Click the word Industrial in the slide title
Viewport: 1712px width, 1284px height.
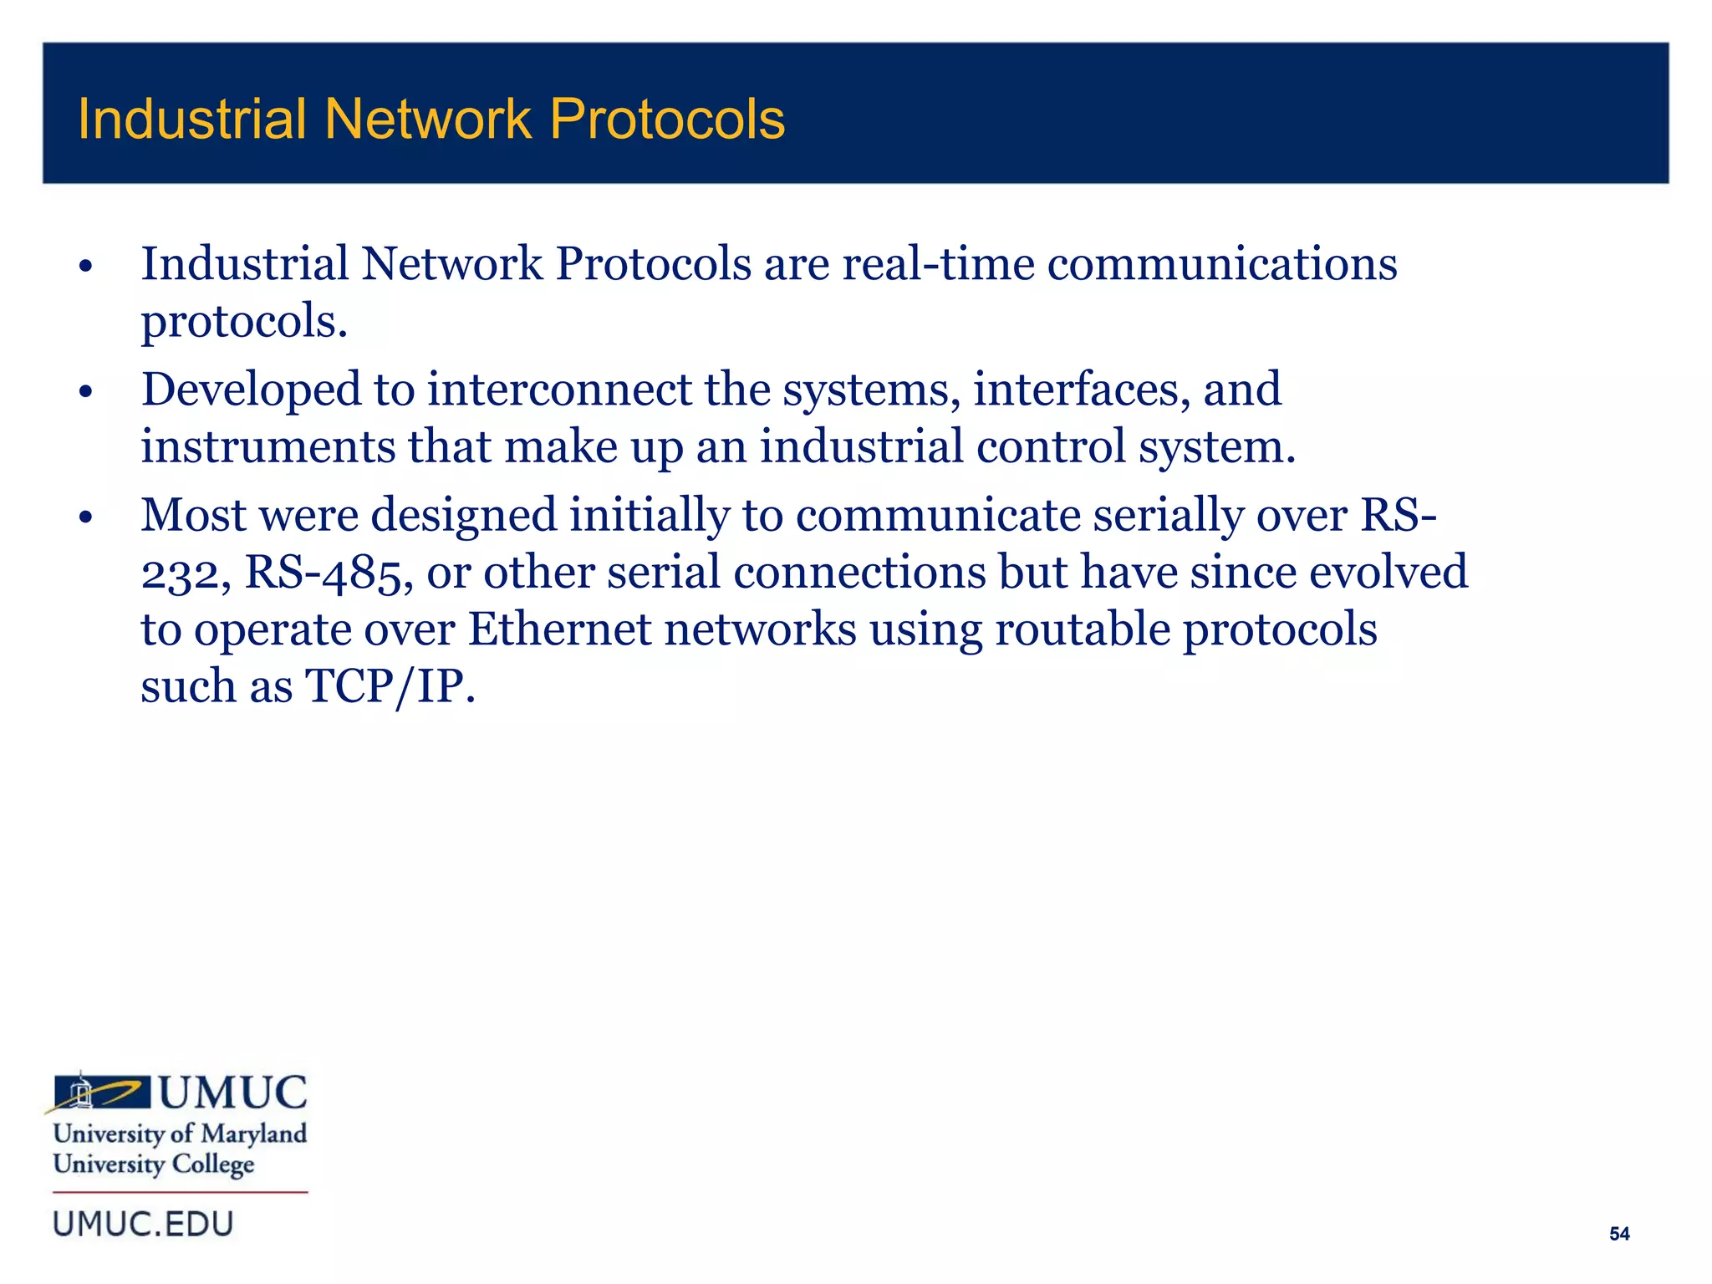click(x=191, y=119)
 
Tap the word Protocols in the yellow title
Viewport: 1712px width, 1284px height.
click(x=667, y=119)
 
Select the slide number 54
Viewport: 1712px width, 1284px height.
click(x=1619, y=1234)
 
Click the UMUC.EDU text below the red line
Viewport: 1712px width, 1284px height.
click(x=143, y=1225)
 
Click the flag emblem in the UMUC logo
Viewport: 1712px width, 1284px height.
click(x=101, y=1092)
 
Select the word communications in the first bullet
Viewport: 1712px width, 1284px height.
click(x=1222, y=264)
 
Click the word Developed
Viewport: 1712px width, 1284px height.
click(x=251, y=390)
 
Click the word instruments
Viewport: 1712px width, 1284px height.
click(x=267, y=446)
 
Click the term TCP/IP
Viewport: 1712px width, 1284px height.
click(x=389, y=687)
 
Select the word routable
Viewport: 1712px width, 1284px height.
click(x=1082, y=629)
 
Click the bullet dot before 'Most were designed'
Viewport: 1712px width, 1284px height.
click(x=84, y=518)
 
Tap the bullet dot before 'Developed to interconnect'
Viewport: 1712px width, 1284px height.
click(x=84, y=392)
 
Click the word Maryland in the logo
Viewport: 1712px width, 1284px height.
click(x=254, y=1134)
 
